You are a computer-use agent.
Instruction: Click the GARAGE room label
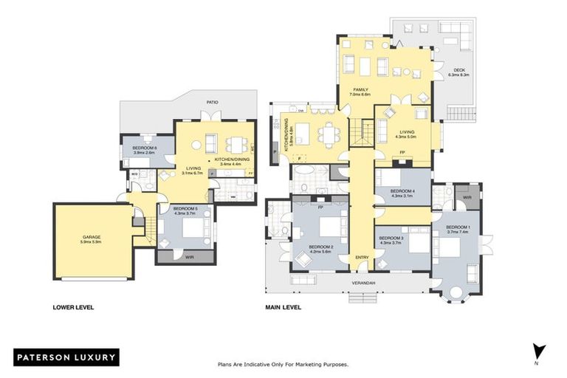coord(90,238)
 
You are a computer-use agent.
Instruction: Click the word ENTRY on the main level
coord(362,256)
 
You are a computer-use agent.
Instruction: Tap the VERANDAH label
coord(362,283)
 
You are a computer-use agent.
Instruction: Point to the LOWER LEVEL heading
coord(73,307)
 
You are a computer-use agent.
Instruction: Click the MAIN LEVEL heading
coord(285,307)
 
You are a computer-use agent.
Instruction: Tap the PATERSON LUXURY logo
coord(65,357)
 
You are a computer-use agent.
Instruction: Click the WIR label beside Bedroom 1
coord(467,198)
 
